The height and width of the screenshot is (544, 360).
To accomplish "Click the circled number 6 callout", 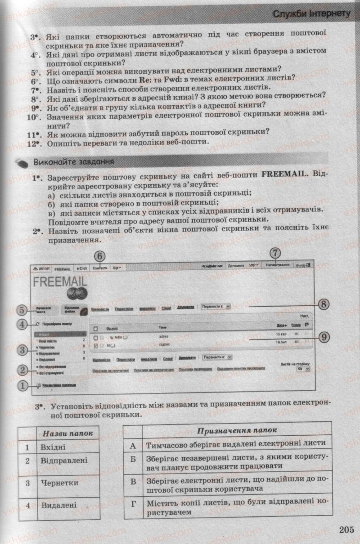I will pyautogui.click(x=100, y=256).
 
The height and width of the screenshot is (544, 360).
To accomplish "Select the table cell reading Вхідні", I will pyautogui.click(x=53, y=447).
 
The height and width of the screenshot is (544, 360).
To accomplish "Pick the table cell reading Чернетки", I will pyautogui.click(x=59, y=483).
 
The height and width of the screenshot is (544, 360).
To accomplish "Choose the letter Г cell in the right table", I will pyautogui.click(x=132, y=504).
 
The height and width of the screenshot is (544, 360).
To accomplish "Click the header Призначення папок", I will pyautogui.click(x=237, y=430).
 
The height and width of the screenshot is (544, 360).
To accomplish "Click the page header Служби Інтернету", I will pyautogui.click(x=311, y=14).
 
